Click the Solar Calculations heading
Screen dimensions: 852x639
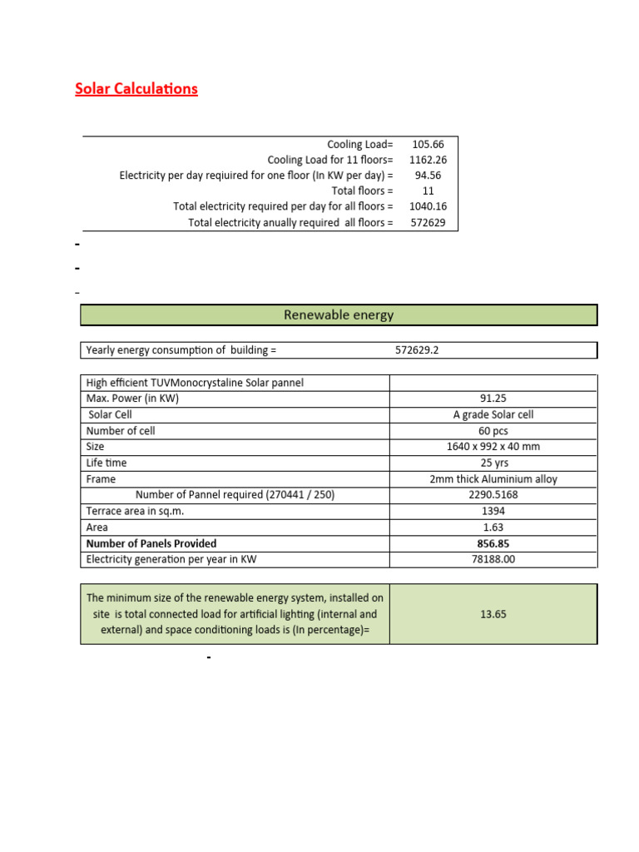(x=136, y=89)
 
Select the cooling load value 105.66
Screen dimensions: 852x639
(x=428, y=145)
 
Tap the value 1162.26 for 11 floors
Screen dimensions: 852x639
(x=428, y=160)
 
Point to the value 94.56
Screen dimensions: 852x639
(x=428, y=176)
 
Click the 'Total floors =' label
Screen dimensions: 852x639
(x=359, y=191)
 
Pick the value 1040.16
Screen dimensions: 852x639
(x=428, y=206)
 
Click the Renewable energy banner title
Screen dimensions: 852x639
(x=339, y=315)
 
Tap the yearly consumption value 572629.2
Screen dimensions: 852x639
(x=417, y=350)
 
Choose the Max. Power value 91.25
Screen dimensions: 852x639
(x=493, y=399)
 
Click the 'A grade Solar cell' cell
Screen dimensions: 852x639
(x=493, y=414)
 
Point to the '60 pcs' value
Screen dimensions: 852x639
(x=493, y=431)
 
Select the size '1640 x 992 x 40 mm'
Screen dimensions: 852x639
(x=493, y=447)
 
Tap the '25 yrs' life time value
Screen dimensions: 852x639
(x=493, y=463)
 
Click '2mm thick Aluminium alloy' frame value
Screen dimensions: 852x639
(x=493, y=479)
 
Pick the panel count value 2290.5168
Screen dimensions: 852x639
(x=493, y=495)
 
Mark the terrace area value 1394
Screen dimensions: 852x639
(x=493, y=511)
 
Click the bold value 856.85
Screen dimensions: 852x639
(x=493, y=543)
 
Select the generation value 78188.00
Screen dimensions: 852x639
(x=493, y=559)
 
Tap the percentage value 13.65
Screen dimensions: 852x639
(x=493, y=615)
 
